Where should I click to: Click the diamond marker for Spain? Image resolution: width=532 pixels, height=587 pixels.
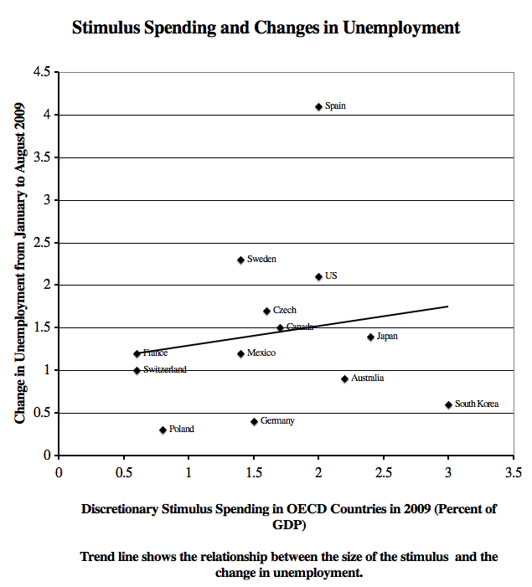click(318, 106)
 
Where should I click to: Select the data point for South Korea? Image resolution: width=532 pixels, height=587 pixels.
click(448, 404)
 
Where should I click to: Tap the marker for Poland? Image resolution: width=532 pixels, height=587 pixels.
click(163, 430)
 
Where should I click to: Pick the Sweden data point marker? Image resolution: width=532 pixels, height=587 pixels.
click(240, 260)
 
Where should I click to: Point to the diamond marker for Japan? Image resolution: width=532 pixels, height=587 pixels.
click(370, 337)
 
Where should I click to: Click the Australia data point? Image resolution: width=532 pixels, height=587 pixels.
click(344, 378)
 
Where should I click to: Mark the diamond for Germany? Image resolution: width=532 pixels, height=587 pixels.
click(254, 421)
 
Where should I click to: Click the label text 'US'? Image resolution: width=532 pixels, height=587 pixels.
click(331, 276)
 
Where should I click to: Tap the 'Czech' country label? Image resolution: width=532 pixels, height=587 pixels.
click(285, 311)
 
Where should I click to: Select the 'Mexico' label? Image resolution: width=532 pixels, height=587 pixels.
click(261, 353)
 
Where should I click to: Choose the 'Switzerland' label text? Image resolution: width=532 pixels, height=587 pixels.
click(165, 369)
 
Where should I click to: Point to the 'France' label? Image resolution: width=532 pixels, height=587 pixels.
click(156, 353)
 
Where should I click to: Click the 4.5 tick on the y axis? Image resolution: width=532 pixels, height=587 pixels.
click(41, 72)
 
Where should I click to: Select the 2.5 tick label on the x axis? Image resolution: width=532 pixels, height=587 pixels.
click(383, 472)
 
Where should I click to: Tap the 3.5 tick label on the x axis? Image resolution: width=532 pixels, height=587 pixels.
click(513, 472)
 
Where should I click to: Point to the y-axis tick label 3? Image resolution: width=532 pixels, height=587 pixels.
click(46, 200)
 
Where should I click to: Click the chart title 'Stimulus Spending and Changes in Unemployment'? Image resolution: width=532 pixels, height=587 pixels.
click(266, 28)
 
